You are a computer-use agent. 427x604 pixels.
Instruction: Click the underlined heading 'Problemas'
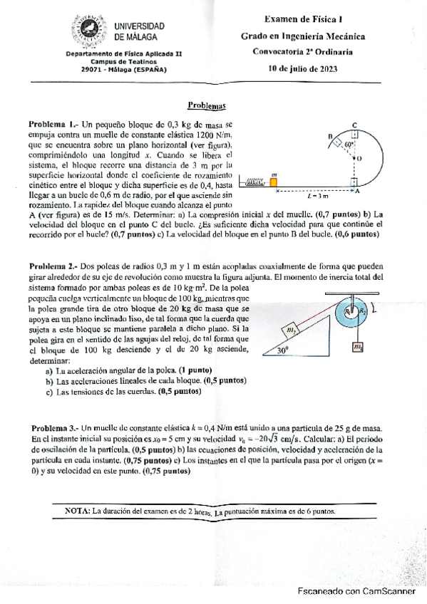[206, 105]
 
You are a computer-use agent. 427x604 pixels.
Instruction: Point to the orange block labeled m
[274, 183]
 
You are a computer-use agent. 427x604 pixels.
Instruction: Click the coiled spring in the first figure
[254, 184]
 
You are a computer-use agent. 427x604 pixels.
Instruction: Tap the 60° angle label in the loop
[349, 144]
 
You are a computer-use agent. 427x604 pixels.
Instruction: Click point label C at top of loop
[354, 125]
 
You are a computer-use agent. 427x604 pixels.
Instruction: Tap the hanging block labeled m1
[357, 347]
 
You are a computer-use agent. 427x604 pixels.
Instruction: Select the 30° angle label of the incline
[283, 350]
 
